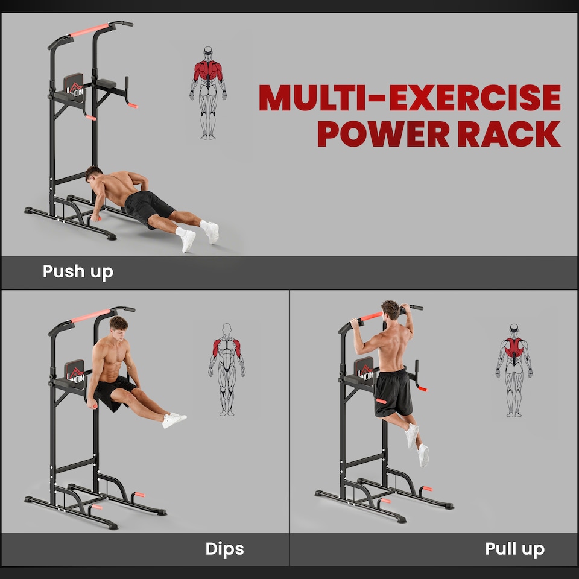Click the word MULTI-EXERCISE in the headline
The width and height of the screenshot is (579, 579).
[x=410, y=98]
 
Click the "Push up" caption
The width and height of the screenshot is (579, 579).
[x=78, y=271]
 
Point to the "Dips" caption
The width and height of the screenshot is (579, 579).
[x=224, y=549]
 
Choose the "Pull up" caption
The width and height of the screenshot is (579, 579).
[x=514, y=549]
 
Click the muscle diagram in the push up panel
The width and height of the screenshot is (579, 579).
[x=208, y=92]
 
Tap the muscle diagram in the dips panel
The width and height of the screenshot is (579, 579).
[x=227, y=369]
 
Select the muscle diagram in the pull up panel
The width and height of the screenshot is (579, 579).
[x=514, y=370]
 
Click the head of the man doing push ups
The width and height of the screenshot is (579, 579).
[x=93, y=176]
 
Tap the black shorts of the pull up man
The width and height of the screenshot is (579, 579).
[x=393, y=392]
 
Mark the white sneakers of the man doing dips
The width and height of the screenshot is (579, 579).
[x=174, y=420]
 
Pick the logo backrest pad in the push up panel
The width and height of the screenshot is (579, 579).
[x=74, y=86]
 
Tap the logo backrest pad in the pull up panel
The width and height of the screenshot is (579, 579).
[x=364, y=369]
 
